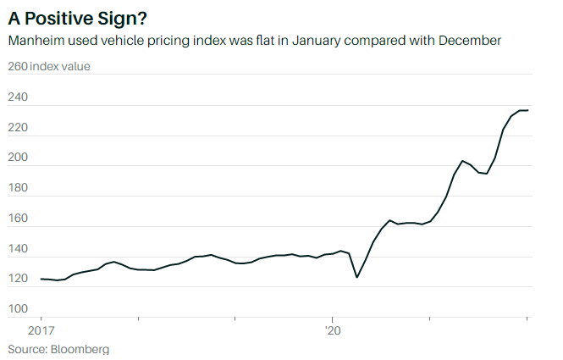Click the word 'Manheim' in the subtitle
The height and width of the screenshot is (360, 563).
pyautogui.click(x=36, y=41)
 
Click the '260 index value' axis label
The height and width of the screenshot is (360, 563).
pyautogui.click(x=48, y=67)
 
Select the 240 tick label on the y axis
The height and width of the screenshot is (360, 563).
pyautogui.click(x=18, y=97)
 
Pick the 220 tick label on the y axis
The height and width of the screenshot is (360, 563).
pyautogui.click(x=18, y=128)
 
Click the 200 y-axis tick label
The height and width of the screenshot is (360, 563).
pyautogui.click(x=18, y=158)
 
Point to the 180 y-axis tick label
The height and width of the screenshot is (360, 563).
pyautogui.click(x=18, y=189)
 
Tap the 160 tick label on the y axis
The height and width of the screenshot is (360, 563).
pyautogui.click(x=18, y=219)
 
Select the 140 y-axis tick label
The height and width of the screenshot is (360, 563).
pyautogui.click(x=18, y=250)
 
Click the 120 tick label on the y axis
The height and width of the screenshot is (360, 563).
pyautogui.click(x=18, y=280)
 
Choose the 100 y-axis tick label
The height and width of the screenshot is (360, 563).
pyautogui.click(x=18, y=310)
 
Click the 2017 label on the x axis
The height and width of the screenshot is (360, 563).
pyautogui.click(x=41, y=330)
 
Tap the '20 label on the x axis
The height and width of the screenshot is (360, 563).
pyautogui.click(x=333, y=330)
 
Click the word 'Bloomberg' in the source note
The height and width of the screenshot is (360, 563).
pyautogui.click(x=80, y=348)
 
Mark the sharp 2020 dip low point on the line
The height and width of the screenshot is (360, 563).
pyautogui.click(x=356, y=277)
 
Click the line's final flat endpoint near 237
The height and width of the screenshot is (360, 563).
pyautogui.click(x=527, y=110)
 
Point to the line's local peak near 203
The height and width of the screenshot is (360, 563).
pyautogui.click(x=462, y=160)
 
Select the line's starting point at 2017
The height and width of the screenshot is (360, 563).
pyautogui.click(x=41, y=279)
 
